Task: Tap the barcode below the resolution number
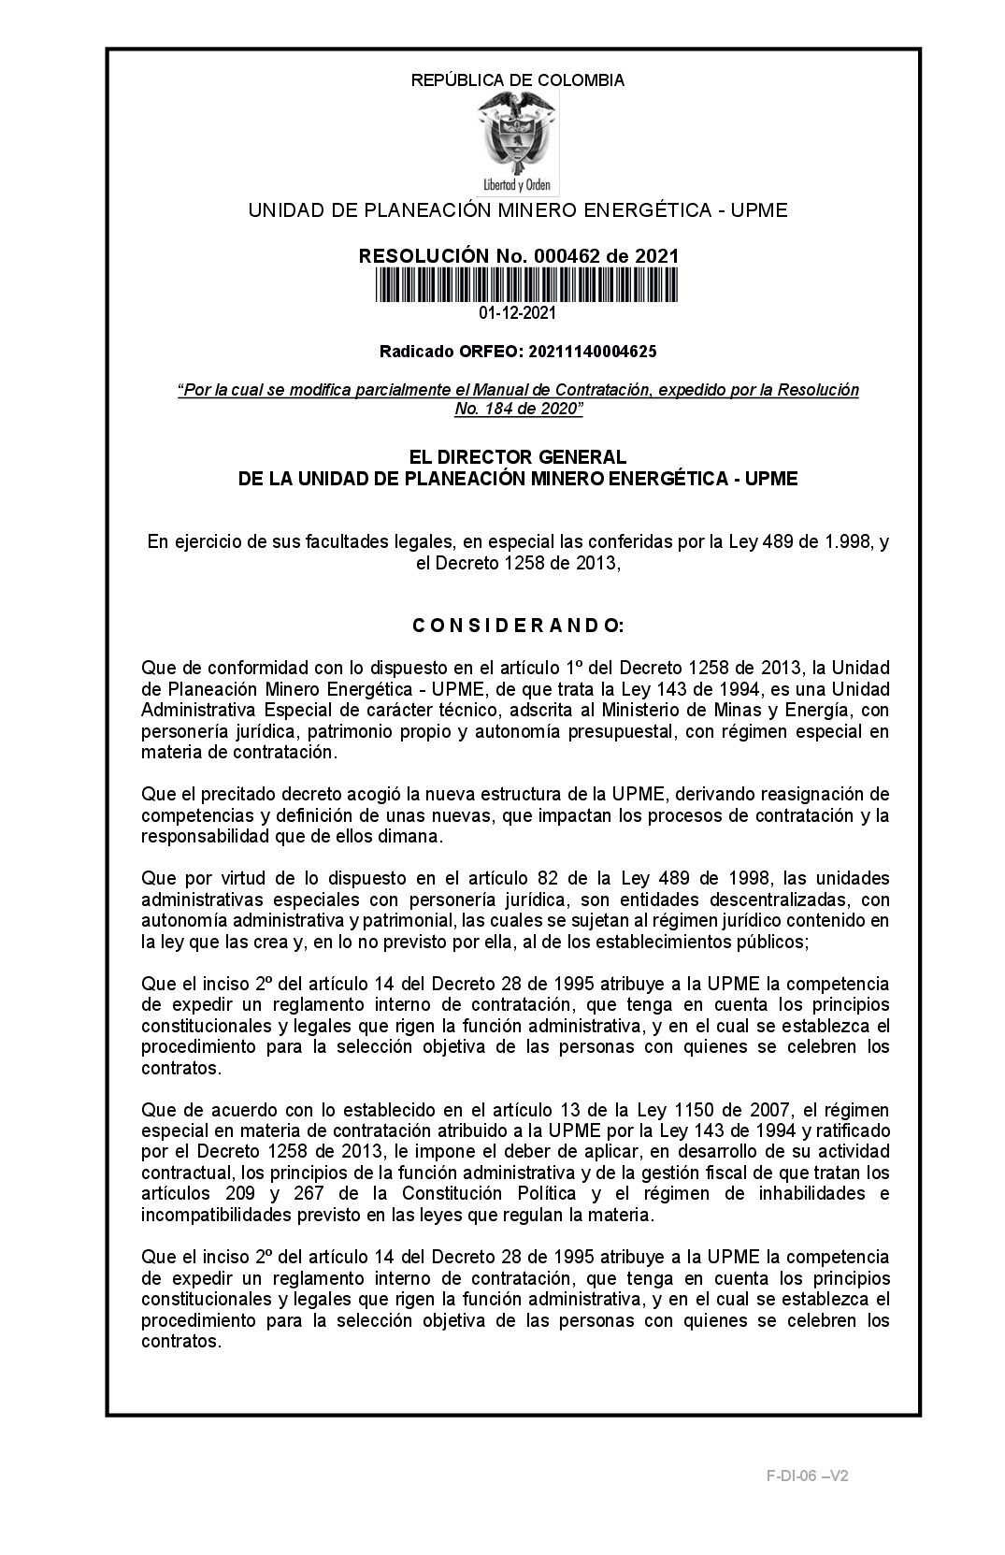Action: click(527, 284)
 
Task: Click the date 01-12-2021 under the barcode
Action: click(518, 313)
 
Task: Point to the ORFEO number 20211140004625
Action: click(592, 352)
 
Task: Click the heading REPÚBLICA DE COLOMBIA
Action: click(518, 80)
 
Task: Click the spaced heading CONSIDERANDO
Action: click(518, 625)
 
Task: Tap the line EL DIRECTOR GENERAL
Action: click(518, 457)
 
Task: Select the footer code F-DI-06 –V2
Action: click(808, 1476)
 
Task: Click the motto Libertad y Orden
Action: click(517, 185)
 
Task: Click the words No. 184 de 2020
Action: click(518, 409)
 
